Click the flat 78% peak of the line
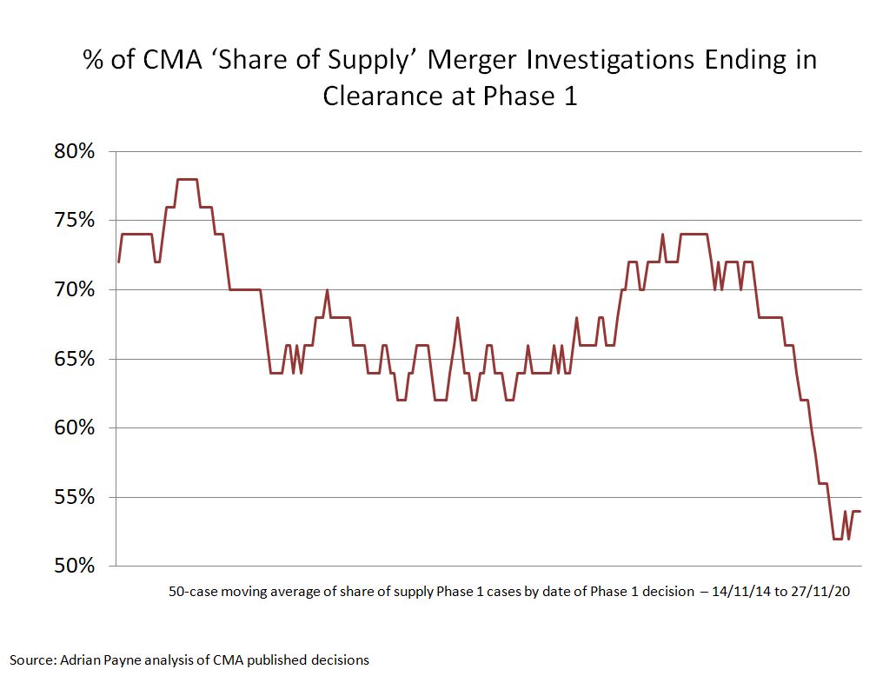click(x=188, y=179)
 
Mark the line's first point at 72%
click(x=118, y=262)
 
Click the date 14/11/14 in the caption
click(x=738, y=593)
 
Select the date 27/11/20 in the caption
click(x=820, y=593)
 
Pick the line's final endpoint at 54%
click(x=859, y=511)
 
